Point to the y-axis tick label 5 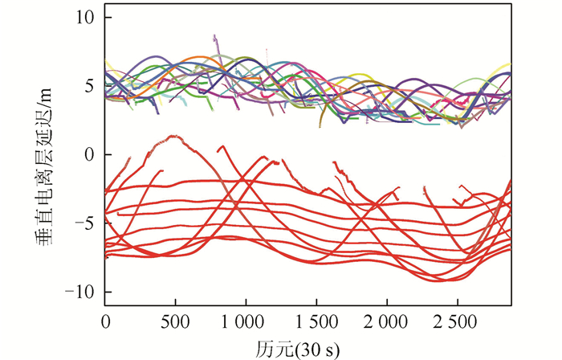(x=89, y=84)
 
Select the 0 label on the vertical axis (x=89, y=153)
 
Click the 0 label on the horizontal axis (x=105, y=321)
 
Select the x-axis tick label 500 (x=174, y=321)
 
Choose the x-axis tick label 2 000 (x=386, y=321)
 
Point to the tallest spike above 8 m (x=214, y=36)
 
